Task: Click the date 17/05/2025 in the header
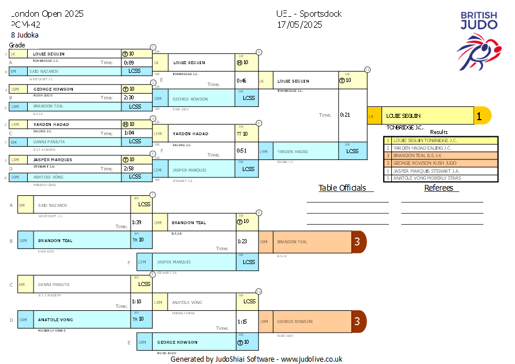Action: point(299,25)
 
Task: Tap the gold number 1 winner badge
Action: point(479,116)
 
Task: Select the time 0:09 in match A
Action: point(128,62)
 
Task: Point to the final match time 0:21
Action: point(345,115)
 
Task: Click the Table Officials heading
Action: point(342,188)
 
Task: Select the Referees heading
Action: point(442,188)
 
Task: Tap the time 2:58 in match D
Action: point(128,168)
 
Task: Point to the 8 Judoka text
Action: point(25,35)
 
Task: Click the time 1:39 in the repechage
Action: point(136,222)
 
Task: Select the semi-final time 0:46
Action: point(242,81)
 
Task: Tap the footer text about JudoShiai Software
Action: point(256,359)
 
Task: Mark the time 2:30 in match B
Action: point(128,98)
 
